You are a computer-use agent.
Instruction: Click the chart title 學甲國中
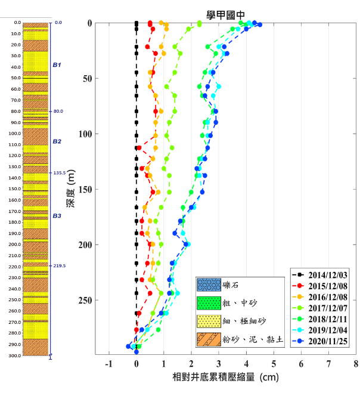coord(225,14)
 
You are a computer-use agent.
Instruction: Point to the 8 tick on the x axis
coord(356,363)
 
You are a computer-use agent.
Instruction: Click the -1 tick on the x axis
coord(108,363)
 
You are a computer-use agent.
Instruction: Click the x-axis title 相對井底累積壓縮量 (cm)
coord(225,378)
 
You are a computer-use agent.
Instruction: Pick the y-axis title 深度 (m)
coord(70,189)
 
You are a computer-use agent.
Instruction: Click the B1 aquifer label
coord(57,64)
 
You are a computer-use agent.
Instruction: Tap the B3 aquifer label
coord(57,216)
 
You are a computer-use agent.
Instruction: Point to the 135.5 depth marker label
coord(59,173)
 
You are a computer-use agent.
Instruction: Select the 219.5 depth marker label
coord(59,266)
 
